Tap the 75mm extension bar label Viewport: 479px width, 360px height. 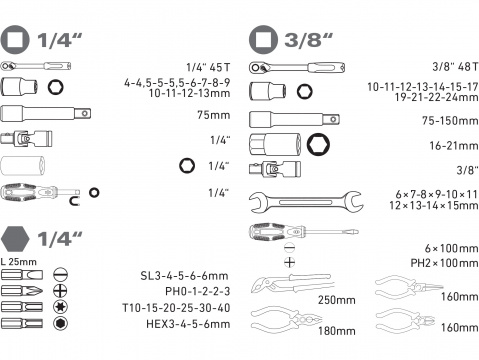(x=214, y=114)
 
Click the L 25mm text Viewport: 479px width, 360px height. (x=21, y=261)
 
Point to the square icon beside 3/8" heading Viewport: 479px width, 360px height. (x=264, y=40)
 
